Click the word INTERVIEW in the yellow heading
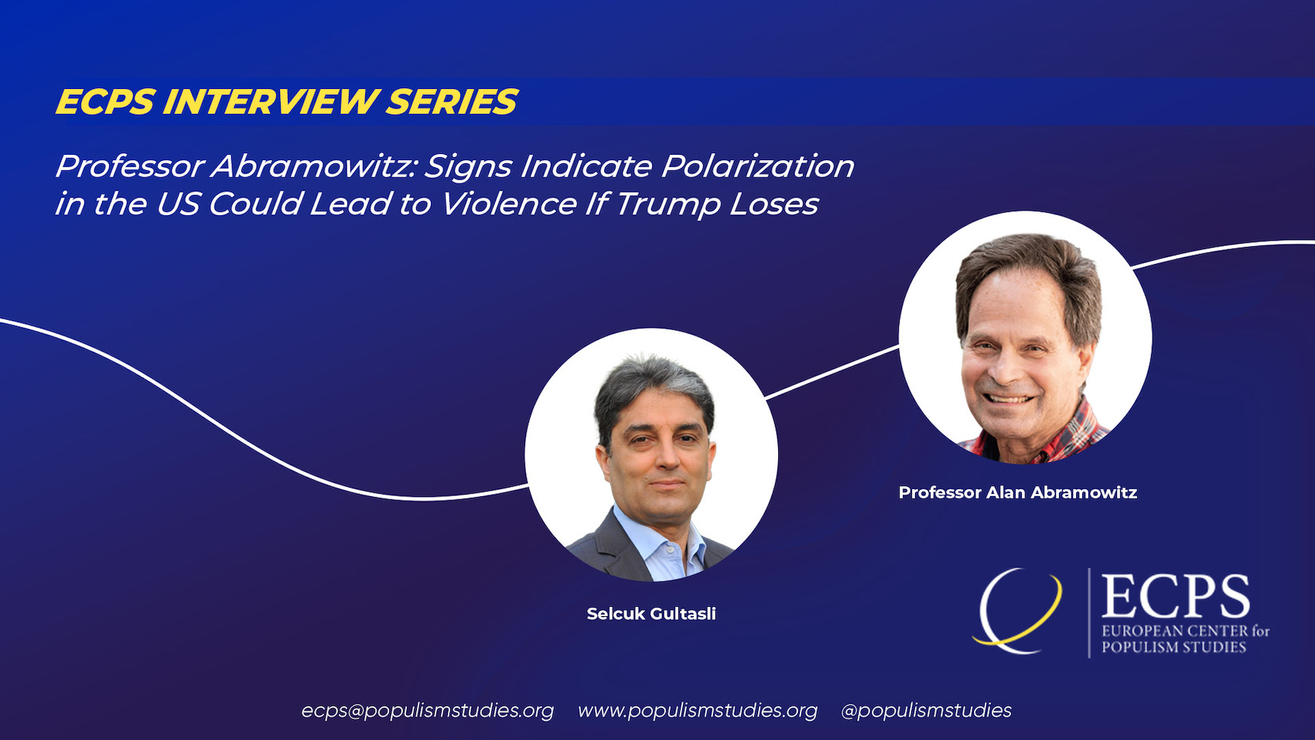pos(271,102)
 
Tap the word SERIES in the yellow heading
pos(452,102)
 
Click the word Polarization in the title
pos(757,166)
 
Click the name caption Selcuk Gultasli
pos(651,614)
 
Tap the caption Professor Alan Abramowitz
pos(1017,492)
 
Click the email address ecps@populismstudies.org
pos(428,711)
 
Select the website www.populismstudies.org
pos(697,711)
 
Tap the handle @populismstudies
pos(926,711)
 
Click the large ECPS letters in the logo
pos(1175,597)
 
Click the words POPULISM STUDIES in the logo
pos(1173,648)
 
